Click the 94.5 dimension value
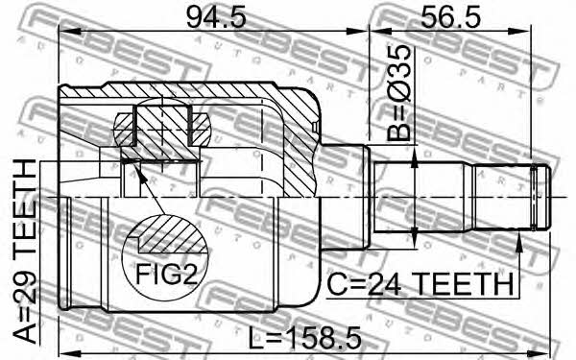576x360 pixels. pos(216,17)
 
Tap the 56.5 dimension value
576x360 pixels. pos(450,17)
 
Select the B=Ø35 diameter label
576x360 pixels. pos(398,93)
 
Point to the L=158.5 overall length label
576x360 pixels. pos(304,338)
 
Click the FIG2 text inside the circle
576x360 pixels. pos(166,275)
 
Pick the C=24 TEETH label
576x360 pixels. pos(420,283)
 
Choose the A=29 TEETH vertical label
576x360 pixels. pos(25,251)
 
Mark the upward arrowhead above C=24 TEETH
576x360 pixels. pos(518,242)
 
